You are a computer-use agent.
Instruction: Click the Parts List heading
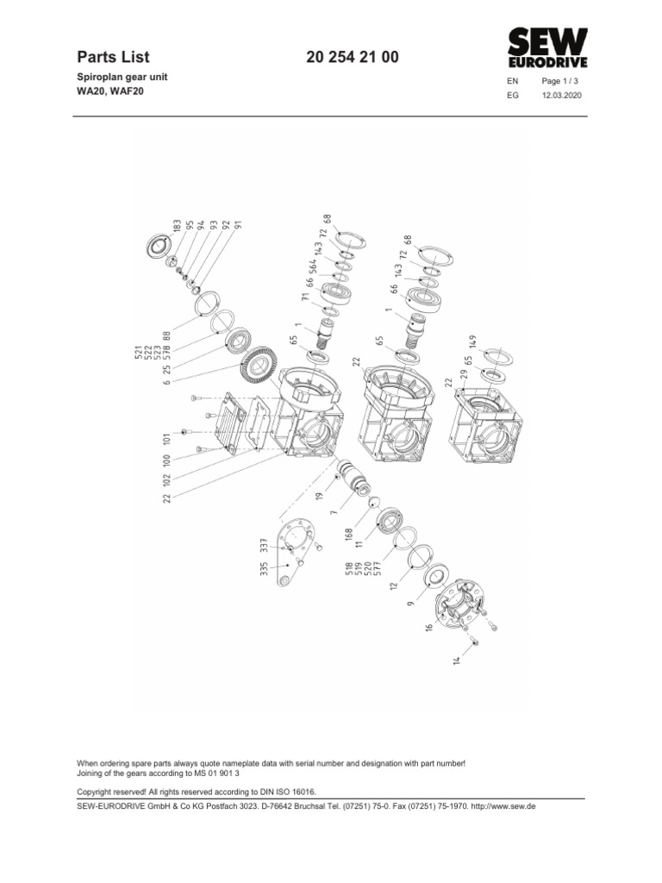pos(113,58)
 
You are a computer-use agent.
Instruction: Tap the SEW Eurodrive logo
pos(547,48)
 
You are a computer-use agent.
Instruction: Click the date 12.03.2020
pos(561,97)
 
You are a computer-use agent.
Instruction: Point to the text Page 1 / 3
pos(561,81)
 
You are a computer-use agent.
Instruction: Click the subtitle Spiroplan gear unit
pos(122,77)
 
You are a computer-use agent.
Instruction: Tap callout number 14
pos(458,660)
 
